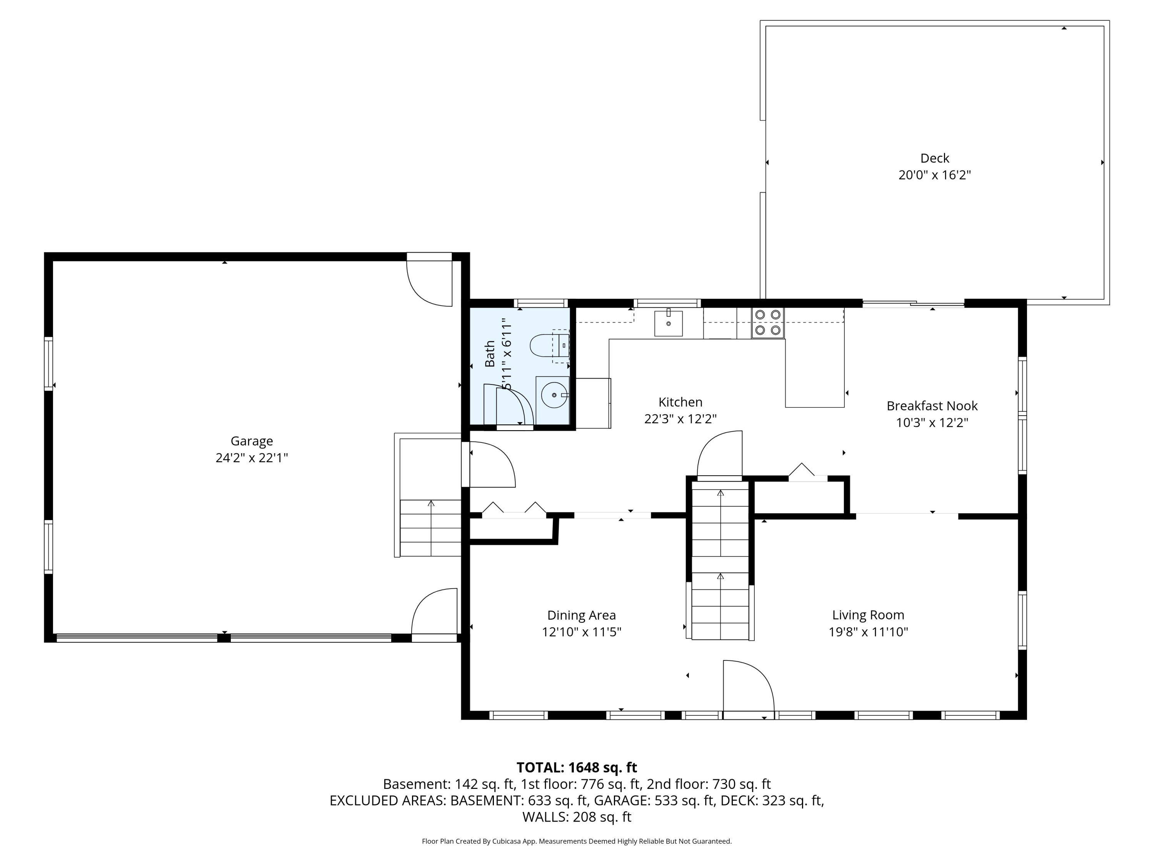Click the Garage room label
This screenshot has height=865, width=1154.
click(x=252, y=441)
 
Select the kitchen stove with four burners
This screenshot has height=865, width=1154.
click(x=767, y=323)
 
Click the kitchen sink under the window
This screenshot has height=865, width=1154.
click(x=668, y=323)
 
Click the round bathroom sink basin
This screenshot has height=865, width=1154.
click(x=554, y=395)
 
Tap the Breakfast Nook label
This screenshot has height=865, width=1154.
click(x=932, y=406)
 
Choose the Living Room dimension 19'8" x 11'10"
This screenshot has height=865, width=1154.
click(x=868, y=632)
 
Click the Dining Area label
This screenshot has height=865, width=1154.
click(x=581, y=615)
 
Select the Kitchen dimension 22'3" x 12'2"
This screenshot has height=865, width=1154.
click(x=680, y=419)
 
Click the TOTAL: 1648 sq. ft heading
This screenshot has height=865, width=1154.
click(x=577, y=767)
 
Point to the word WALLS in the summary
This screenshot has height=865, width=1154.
click(x=545, y=817)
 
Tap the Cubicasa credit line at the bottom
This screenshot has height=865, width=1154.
click(x=577, y=841)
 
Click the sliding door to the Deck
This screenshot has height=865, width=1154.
click(x=913, y=303)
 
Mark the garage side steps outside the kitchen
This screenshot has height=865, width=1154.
click(x=430, y=528)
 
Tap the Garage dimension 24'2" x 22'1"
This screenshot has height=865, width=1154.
click(x=252, y=458)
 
